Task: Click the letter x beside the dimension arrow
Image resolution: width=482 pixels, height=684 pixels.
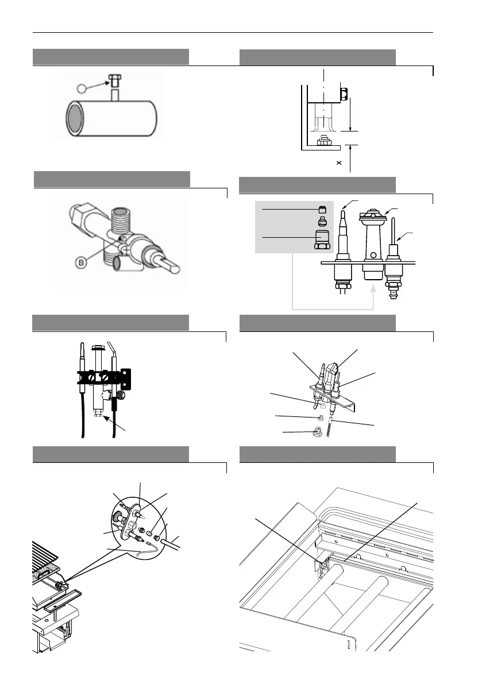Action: [x=339, y=163]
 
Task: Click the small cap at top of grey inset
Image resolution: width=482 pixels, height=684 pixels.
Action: [x=322, y=209]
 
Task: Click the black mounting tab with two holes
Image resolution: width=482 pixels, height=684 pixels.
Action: [x=126, y=380]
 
